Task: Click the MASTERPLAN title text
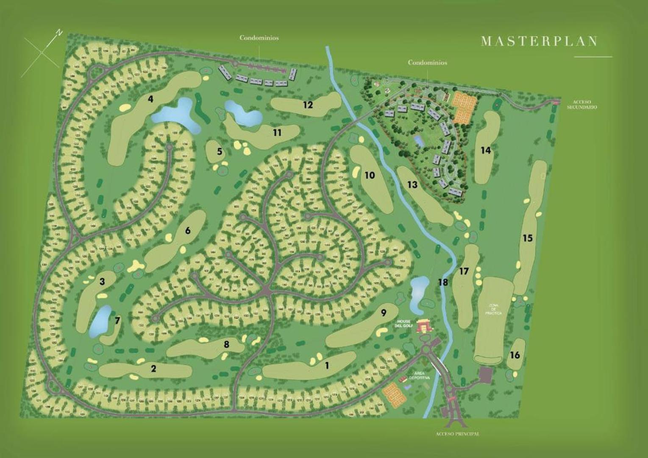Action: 540,41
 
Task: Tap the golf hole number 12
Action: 308,104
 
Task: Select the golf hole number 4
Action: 150,99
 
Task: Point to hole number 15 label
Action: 527,238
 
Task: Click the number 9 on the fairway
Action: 384,313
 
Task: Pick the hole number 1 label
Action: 327,365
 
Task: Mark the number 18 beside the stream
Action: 443,282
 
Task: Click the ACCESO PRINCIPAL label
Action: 457,434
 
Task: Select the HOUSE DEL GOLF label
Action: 403,323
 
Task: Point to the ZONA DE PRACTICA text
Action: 494,309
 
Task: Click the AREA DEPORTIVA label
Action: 420,375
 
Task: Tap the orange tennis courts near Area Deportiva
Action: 394,394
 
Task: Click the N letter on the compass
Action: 60,32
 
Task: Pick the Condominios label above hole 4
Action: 259,38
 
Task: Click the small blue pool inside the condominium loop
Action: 419,140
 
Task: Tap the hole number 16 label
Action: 515,355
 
